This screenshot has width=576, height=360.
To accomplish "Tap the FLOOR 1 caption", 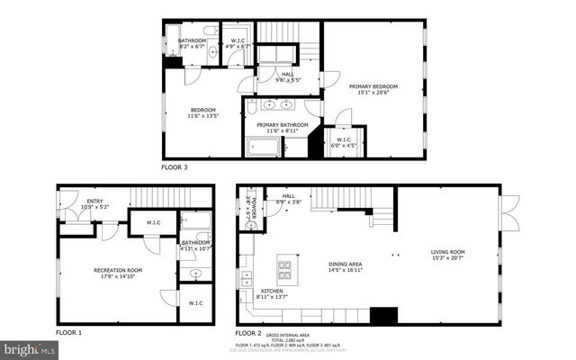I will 68,332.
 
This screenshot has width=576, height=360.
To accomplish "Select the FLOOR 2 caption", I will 250,332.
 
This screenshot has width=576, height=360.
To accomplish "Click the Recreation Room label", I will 114,273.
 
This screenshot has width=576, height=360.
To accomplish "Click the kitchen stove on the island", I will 284,267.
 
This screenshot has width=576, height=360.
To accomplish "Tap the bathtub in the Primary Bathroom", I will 265,147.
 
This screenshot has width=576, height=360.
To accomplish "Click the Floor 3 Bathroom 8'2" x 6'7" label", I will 192,44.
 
